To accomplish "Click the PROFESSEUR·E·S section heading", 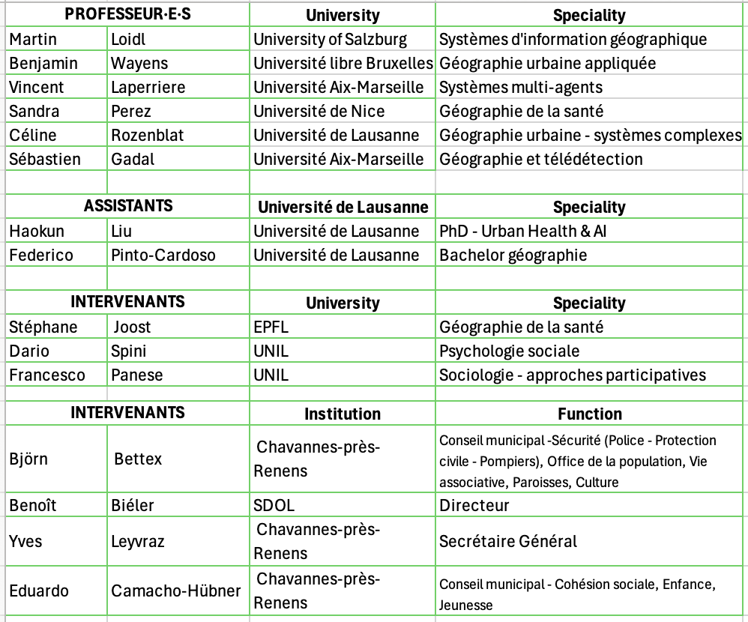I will (x=128, y=14).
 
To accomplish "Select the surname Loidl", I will (x=130, y=39).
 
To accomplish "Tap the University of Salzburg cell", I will (x=330, y=39).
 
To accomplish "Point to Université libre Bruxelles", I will (x=343, y=63).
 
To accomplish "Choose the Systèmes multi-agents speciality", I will (x=520, y=87).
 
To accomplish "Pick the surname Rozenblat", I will (x=148, y=135).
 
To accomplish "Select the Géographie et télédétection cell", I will (x=540, y=159).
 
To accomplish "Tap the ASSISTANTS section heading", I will (x=128, y=205).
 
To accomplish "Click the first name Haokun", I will (x=37, y=231).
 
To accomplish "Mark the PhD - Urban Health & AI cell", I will (x=522, y=231).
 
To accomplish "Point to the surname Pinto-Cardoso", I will (x=163, y=255).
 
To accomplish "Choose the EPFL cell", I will (x=271, y=327).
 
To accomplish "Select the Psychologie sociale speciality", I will (x=509, y=351).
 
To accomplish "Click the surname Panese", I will (x=136, y=375).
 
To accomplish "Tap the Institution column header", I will (x=343, y=414).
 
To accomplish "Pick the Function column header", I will (x=589, y=414).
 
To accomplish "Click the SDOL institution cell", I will (x=274, y=505).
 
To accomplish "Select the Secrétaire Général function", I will (x=508, y=541).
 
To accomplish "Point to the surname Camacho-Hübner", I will (x=176, y=591).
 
